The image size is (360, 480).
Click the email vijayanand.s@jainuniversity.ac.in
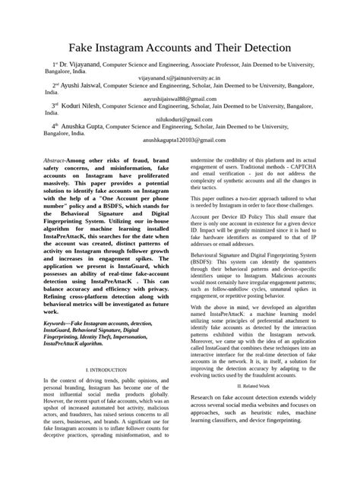pyautogui.click(x=179, y=77)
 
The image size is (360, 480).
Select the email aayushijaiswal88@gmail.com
pyautogui.click(x=179, y=97)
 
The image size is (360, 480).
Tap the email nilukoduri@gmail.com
pyautogui.click(x=179, y=118)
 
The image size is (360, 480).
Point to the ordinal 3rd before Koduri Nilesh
pyautogui.click(x=55, y=105)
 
